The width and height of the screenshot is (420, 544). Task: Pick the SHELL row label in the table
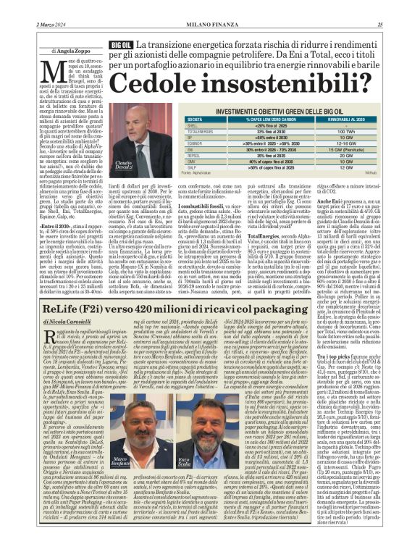[x=192, y=125]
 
